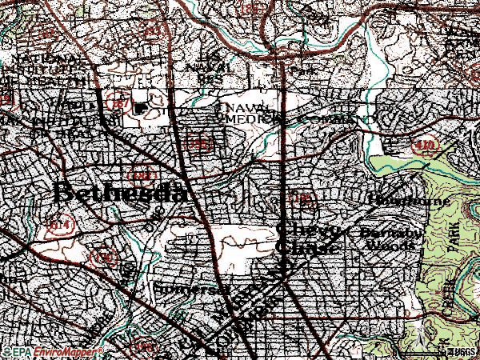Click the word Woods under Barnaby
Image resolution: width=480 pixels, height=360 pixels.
point(393,245)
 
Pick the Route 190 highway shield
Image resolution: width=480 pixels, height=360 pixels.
point(103,258)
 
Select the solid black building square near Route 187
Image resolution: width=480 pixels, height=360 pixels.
point(142,107)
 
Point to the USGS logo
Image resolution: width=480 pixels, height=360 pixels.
point(461,351)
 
